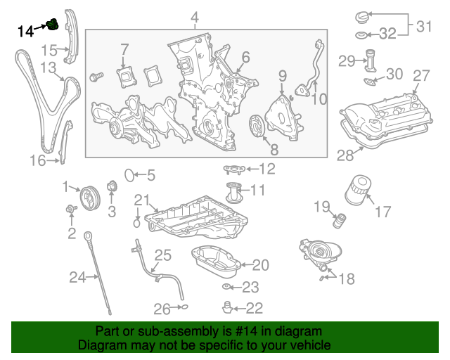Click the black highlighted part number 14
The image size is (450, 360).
click(26, 30)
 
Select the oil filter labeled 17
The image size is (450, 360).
click(359, 191)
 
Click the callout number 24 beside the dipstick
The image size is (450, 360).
click(77, 278)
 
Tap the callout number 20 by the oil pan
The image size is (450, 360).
click(260, 265)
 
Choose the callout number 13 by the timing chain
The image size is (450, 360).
click(48, 67)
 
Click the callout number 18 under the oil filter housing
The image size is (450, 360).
click(347, 280)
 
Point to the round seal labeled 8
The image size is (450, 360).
click(257, 128)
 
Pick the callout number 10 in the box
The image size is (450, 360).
click(320, 99)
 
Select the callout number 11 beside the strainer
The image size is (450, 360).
click(258, 190)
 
